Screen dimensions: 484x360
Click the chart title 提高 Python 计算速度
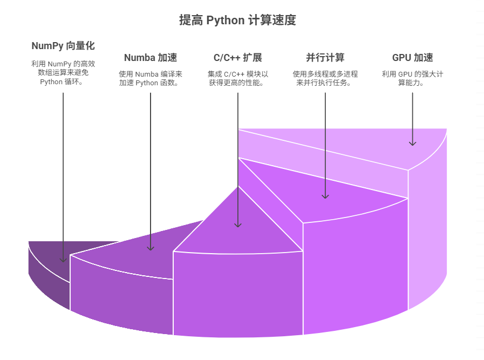coord(237,21)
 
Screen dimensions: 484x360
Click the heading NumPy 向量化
coord(63,46)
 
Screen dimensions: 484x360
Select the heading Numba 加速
coord(151,58)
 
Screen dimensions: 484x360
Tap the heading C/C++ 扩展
coord(237,58)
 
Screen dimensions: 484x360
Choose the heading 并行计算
coord(325,58)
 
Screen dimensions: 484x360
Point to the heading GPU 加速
coord(412,58)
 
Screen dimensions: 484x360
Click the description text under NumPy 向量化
coord(63,73)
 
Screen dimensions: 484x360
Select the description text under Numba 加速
coord(151,79)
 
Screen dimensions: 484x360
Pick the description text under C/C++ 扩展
coord(237,79)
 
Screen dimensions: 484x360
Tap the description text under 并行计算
coord(325,79)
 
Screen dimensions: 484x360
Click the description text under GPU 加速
coord(412,79)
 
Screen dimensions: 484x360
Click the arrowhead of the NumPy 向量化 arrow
coord(63,259)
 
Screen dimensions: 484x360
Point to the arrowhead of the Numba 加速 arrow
coord(151,247)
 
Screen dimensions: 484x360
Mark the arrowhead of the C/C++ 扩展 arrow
coord(237,224)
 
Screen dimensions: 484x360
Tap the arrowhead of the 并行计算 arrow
coord(325,195)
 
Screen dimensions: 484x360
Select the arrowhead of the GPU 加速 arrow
coord(412,142)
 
